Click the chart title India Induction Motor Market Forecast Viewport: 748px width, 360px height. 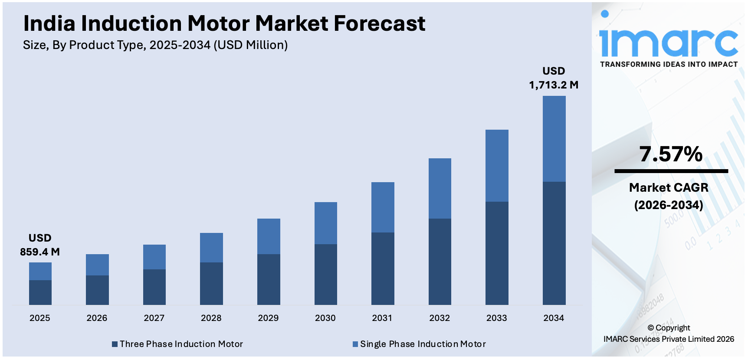[224, 23]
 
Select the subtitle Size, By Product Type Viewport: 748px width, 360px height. [155, 45]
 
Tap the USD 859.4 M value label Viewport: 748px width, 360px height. [40, 245]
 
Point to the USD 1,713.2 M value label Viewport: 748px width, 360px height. [554, 78]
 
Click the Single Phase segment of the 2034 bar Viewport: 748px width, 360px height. [554, 139]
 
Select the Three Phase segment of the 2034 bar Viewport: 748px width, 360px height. [554, 243]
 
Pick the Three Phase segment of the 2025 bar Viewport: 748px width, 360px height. [40, 292]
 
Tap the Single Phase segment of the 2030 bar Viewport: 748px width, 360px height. [325, 223]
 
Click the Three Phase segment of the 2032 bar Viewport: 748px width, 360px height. [440, 262]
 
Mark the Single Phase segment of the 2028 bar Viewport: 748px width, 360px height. [211, 248]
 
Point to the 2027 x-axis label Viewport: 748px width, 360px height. [154, 318]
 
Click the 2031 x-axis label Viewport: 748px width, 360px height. [382, 318]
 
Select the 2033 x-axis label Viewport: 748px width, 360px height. [496, 318]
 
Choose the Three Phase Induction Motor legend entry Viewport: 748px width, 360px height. [177, 344]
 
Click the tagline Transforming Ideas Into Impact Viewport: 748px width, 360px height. [669, 64]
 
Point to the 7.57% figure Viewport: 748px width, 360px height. [671, 154]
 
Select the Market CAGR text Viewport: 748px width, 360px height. [669, 187]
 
